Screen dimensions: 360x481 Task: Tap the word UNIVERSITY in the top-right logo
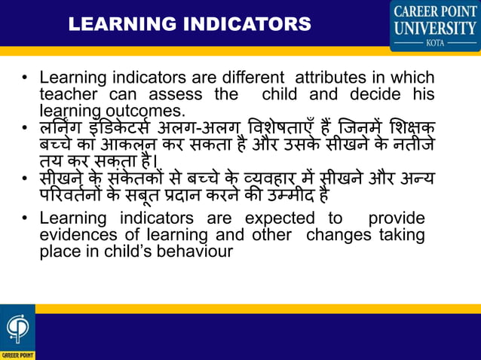(435, 29)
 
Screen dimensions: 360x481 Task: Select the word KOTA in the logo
(435, 43)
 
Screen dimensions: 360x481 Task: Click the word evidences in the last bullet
(75, 235)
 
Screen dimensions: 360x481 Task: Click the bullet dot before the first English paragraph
(25, 78)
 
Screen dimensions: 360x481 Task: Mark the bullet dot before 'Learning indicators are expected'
(25, 219)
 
